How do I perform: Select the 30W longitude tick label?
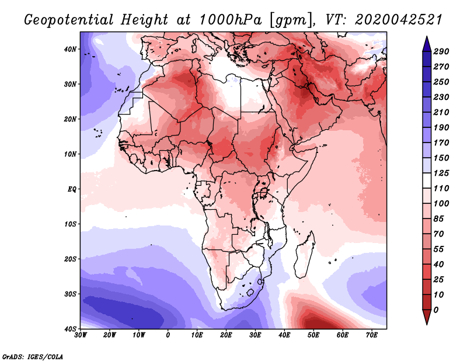(x=81, y=335)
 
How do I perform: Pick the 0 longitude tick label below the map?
(x=168, y=335)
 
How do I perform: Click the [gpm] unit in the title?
(x=288, y=20)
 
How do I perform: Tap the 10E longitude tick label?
(x=197, y=335)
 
